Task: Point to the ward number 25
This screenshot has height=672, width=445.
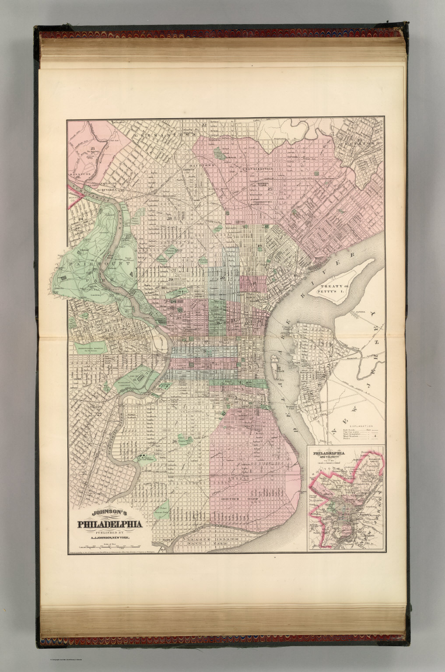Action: click(270, 189)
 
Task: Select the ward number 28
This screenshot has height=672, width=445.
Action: click(168, 217)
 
